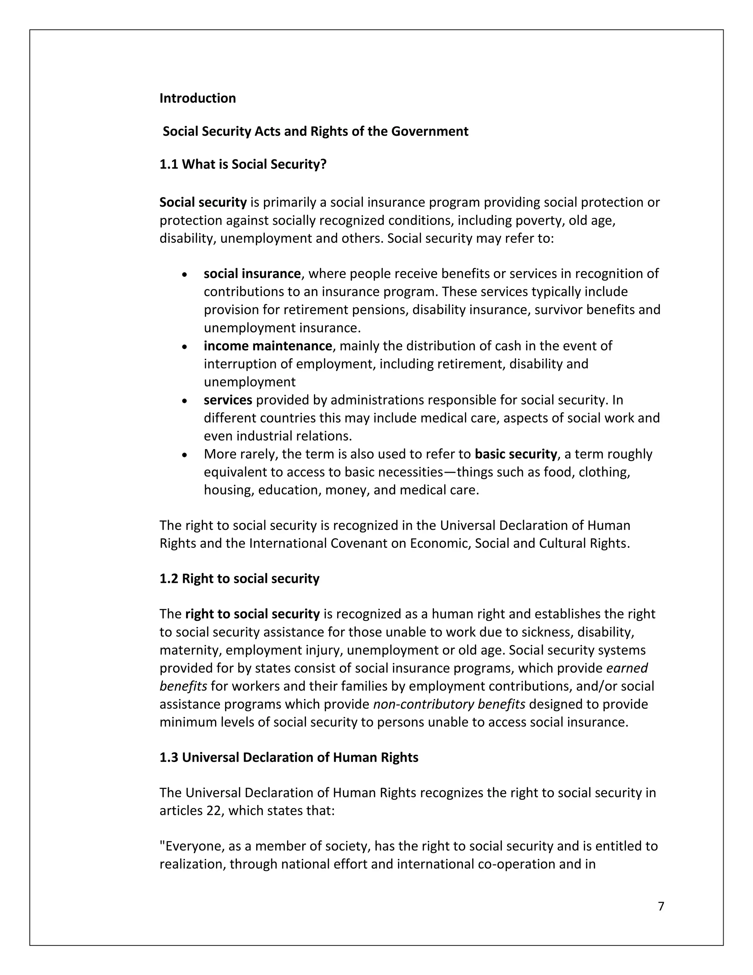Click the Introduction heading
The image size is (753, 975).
[x=197, y=98]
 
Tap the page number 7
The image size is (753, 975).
[x=661, y=906]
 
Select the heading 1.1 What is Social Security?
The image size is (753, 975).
[x=243, y=164]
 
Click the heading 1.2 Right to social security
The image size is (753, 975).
[x=240, y=579]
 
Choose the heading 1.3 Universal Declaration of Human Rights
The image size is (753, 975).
[x=289, y=758]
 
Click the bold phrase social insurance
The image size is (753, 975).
[x=252, y=274]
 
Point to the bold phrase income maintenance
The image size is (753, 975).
[x=268, y=346]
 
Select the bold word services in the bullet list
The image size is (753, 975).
[x=228, y=400]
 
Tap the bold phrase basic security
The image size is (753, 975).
[x=516, y=454]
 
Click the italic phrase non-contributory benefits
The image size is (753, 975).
[x=449, y=704]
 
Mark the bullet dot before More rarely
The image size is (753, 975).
[x=185, y=455]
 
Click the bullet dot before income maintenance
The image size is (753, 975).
[x=185, y=347]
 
